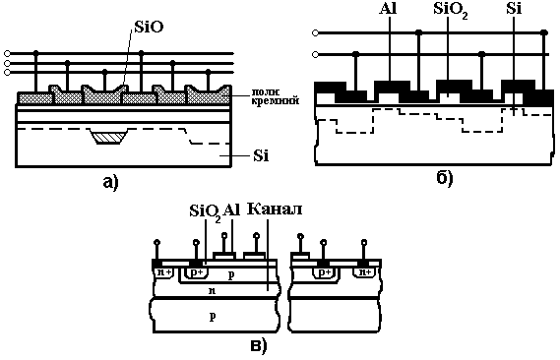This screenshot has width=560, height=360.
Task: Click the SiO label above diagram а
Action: pyautogui.click(x=149, y=27)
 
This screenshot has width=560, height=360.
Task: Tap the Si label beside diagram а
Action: pyautogui.click(x=261, y=156)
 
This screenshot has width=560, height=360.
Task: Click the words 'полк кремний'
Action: pyautogui.click(x=275, y=97)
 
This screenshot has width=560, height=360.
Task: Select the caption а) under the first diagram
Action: pyautogui.click(x=110, y=182)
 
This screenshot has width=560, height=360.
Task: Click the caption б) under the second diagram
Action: pyautogui.click(x=445, y=178)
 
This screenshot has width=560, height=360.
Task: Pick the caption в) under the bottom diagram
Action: pyautogui.click(x=258, y=346)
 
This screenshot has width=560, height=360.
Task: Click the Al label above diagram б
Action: pyautogui.click(x=388, y=9)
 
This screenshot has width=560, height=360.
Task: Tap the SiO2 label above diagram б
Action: pyautogui.click(x=451, y=10)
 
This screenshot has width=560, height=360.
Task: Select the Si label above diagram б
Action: pyautogui.click(x=514, y=9)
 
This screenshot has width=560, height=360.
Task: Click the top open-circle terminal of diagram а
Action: pyautogui.click(x=7, y=54)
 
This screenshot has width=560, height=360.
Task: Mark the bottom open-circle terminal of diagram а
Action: pyautogui.click(x=7, y=73)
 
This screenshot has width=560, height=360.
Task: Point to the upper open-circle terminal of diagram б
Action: pyautogui.click(x=315, y=33)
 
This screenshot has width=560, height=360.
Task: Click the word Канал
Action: pyautogui.click(x=275, y=210)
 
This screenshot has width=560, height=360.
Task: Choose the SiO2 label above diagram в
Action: pyautogui.click(x=205, y=212)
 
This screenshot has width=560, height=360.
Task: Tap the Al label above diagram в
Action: pyautogui.click(x=231, y=210)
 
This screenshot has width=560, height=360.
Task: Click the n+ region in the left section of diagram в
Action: pyautogui.click(x=164, y=272)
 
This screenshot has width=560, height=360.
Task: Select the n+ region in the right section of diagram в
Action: pyautogui.click(x=364, y=272)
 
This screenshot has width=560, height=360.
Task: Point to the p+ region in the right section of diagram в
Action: pyautogui.click(x=325, y=272)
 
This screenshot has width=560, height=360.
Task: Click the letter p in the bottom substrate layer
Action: pyautogui.click(x=213, y=317)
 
